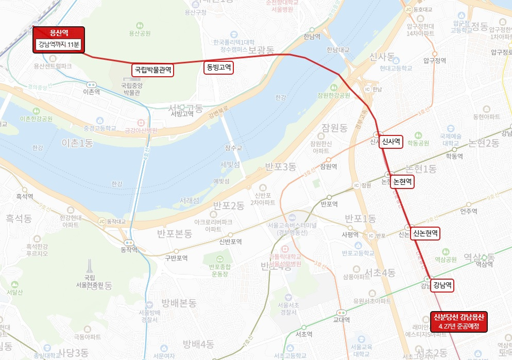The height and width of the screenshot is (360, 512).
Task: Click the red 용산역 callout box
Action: [59, 39]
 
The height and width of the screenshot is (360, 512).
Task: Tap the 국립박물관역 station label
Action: [153, 69]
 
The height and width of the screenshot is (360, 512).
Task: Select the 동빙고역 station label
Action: [219, 67]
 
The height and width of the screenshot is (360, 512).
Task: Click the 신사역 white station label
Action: [391, 142]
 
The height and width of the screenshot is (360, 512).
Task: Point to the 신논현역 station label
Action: [425, 233]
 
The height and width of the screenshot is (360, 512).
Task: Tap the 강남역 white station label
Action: [442, 285]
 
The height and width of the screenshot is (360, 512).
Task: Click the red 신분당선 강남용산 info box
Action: [459, 321]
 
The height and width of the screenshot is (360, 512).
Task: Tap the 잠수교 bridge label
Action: [233, 148]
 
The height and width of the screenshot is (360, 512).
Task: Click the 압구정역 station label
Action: [434, 60]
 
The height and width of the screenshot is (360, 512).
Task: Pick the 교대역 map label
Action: [342, 319]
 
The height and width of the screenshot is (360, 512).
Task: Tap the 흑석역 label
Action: [25, 196]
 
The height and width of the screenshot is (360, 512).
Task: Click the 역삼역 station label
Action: [484, 264]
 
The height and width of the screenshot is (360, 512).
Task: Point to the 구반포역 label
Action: [176, 258]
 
